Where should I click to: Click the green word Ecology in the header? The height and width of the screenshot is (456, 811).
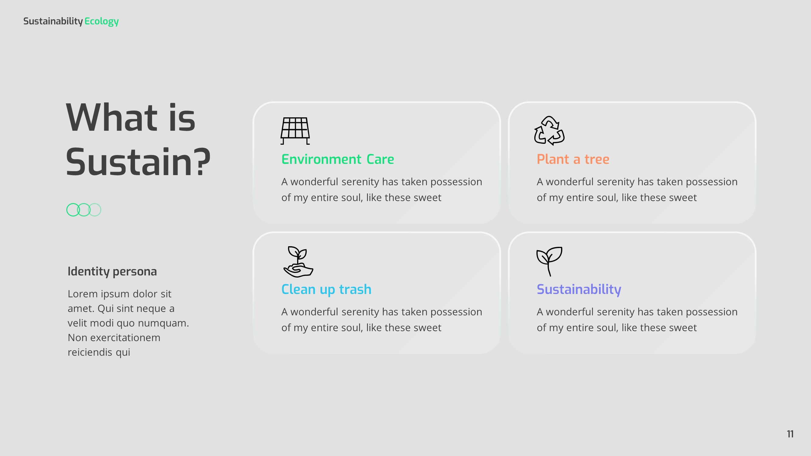pyautogui.click(x=101, y=21)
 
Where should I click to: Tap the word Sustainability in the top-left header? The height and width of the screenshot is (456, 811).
pyautogui.click(x=53, y=21)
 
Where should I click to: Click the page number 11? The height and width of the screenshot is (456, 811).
pyautogui.click(x=790, y=434)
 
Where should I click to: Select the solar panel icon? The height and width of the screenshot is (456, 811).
pyautogui.click(x=295, y=131)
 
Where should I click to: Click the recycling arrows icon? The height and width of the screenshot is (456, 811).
pyautogui.click(x=549, y=131)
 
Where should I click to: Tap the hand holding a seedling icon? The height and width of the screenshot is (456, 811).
pyautogui.click(x=298, y=261)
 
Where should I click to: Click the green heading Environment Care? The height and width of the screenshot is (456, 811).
pyautogui.click(x=338, y=159)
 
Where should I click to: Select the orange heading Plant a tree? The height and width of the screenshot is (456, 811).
pyautogui.click(x=573, y=159)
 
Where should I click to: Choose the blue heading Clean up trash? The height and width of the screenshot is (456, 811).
pyautogui.click(x=326, y=289)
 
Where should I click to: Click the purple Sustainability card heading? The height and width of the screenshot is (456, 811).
pyautogui.click(x=579, y=289)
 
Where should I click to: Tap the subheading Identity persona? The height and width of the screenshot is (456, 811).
pyautogui.click(x=112, y=271)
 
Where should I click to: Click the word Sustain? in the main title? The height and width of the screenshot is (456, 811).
pyautogui.click(x=138, y=162)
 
